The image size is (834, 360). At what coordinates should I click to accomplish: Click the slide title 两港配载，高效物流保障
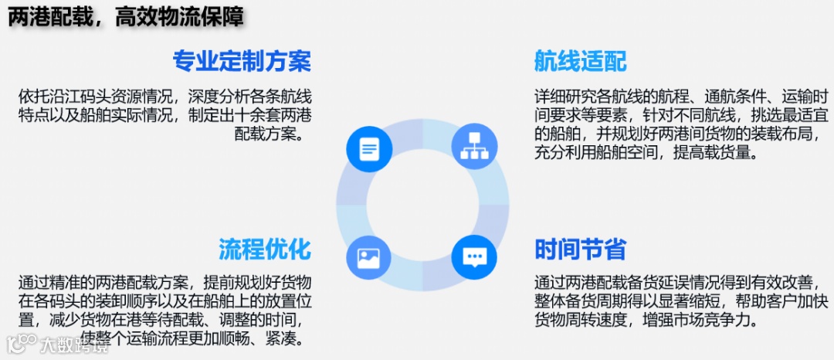127,18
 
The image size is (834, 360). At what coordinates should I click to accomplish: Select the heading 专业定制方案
242,60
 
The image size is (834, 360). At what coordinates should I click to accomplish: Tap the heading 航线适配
580,60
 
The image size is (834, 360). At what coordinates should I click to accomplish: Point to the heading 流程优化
265,249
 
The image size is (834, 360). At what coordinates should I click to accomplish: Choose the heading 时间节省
580,249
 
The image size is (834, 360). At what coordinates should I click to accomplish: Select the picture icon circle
369,257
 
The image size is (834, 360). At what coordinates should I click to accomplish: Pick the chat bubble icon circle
473,257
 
